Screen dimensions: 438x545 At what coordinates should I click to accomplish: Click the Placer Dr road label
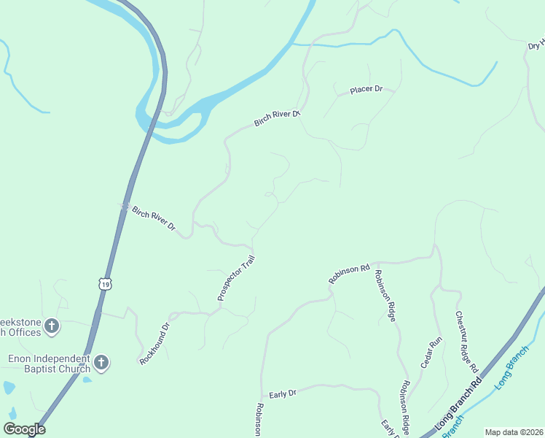[366, 89]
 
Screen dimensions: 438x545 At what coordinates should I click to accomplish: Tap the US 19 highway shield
[106, 284]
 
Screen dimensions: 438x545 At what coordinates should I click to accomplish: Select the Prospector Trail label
[236, 278]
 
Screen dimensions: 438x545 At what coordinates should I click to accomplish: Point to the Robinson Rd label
[349, 274]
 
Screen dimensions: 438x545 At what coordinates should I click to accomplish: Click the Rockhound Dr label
[154, 343]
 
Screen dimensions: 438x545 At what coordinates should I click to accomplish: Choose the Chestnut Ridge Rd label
[466, 342]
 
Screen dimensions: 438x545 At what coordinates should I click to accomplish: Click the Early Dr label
[283, 394]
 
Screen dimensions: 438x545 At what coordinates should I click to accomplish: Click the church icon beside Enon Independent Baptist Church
[101, 362]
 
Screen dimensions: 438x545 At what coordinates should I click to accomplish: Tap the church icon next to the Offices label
[52, 326]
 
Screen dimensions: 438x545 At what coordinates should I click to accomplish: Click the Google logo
[24, 429]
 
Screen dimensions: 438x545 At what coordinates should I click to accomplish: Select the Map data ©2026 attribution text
[514, 432]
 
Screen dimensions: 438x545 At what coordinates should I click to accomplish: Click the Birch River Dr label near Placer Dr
[278, 118]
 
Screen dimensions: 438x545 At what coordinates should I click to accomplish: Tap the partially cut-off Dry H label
[536, 46]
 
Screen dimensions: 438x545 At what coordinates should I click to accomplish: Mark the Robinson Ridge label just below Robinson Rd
[385, 295]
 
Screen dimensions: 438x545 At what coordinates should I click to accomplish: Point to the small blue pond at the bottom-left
[9, 387]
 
